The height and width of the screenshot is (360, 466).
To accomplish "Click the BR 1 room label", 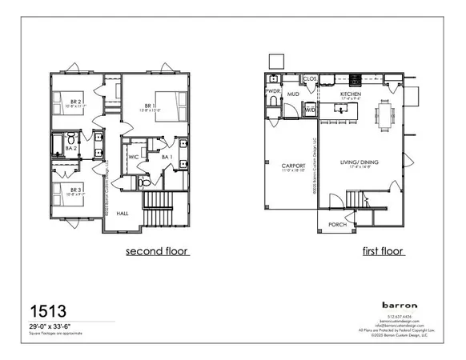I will pos(148,106).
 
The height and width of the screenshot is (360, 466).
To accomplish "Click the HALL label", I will pos(123,214).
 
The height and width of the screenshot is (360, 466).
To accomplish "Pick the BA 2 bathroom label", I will pos(70,149).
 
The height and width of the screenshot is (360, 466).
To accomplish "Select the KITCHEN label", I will pos(352,94).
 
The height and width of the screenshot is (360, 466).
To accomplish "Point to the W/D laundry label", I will pos(309,110).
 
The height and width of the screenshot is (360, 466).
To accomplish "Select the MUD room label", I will pos(293,94).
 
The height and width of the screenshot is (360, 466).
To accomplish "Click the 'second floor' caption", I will pos(157,251).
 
